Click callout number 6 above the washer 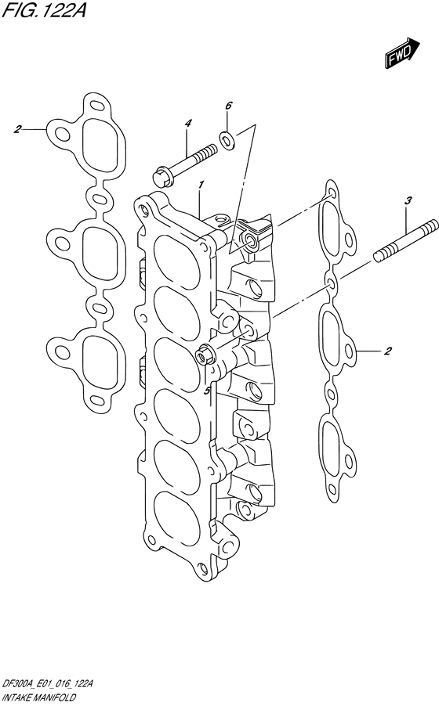(x=228, y=105)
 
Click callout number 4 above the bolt (x=188, y=123)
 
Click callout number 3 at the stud (x=408, y=201)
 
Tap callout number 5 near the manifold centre (x=207, y=390)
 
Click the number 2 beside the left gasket (x=16, y=129)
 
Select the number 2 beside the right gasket (x=388, y=351)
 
